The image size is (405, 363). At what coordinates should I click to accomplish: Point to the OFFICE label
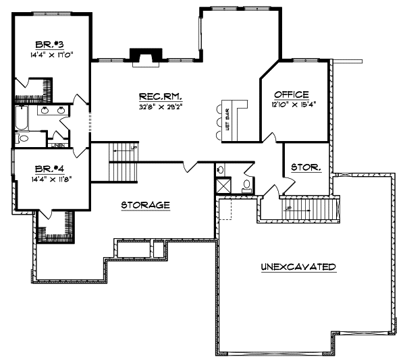click(292, 94)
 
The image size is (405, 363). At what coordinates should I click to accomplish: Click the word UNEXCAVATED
click(298, 267)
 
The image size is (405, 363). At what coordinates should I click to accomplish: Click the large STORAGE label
click(144, 204)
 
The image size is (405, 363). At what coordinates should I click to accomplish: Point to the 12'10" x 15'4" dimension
click(295, 105)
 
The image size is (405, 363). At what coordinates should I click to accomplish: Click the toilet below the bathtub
click(22, 138)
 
